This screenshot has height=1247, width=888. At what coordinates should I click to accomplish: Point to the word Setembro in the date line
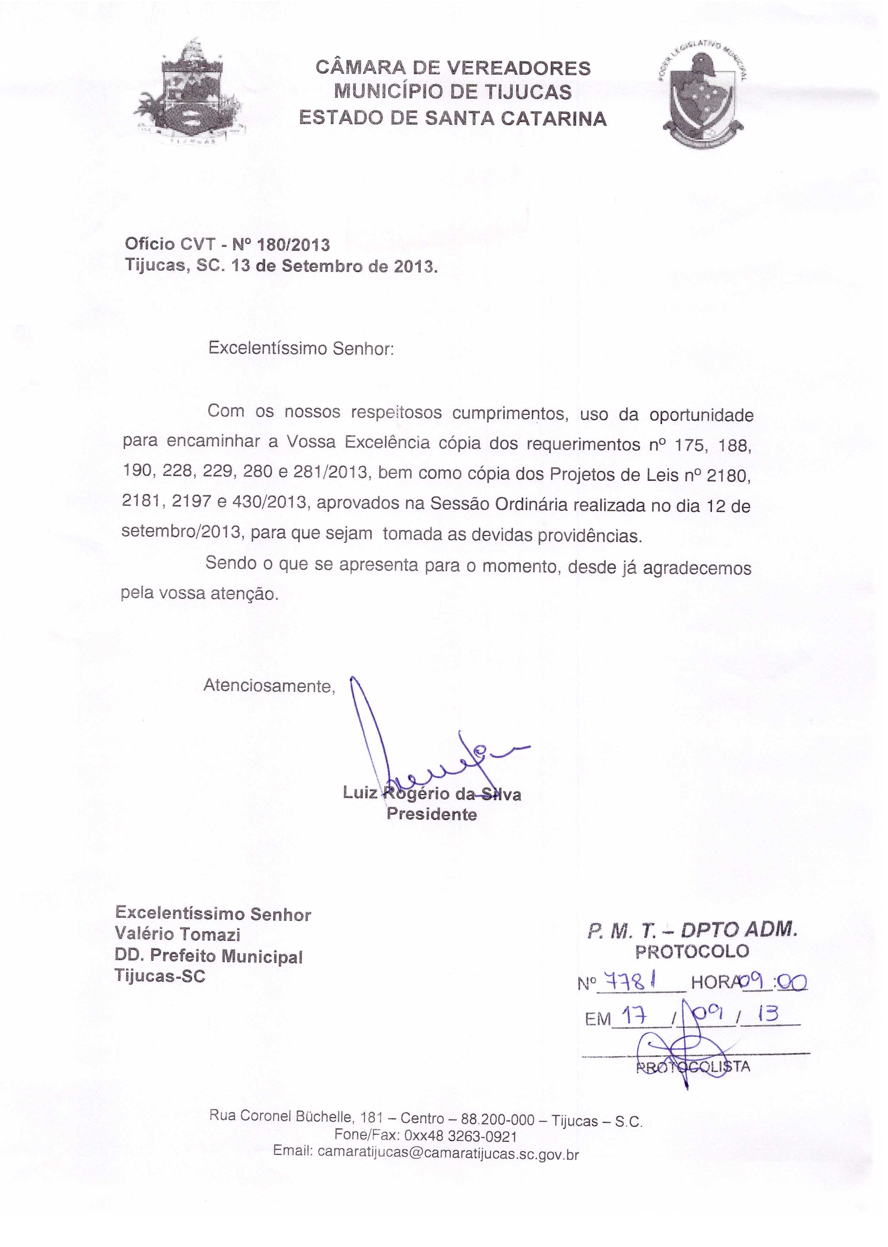pos(319,266)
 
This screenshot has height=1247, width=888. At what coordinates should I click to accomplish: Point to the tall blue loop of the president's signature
pos(365,721)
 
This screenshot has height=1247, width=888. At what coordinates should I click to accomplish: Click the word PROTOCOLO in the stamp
pos(692,952)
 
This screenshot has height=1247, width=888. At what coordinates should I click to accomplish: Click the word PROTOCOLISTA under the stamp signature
pos(693,1066)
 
